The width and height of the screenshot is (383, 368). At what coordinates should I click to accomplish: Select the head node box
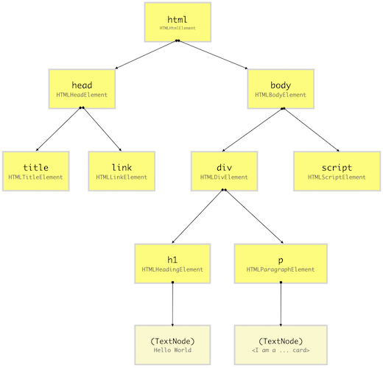click(x=82, y=88)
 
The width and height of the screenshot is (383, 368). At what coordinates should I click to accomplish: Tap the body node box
click(x=281, y=88)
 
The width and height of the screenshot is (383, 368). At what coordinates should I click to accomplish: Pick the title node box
click(x=35, y=171)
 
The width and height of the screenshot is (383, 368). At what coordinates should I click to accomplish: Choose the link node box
click(x=122, y=171)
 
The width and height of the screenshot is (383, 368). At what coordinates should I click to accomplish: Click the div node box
click(x=225, y=171)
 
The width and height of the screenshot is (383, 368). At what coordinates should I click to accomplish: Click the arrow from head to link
click(x=102, y=130)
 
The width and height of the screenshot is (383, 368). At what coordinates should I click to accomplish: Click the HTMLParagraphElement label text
click(x=281, y=270)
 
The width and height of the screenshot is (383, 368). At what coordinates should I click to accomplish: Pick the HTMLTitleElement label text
click(x=35, y=177)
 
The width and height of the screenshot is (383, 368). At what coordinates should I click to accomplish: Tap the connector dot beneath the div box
click(x=224, y=191)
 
